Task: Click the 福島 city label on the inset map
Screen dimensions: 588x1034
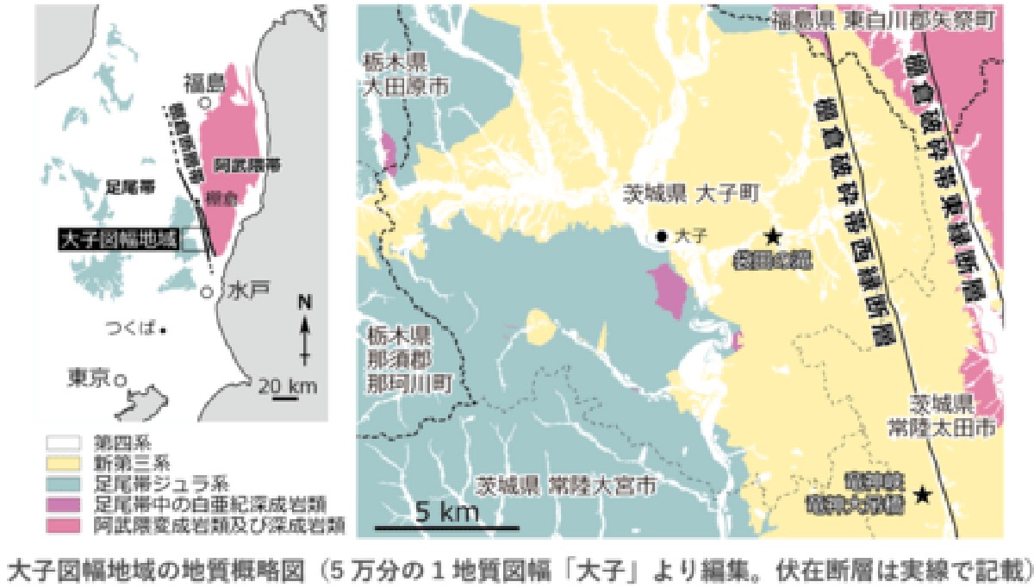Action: point(202,84)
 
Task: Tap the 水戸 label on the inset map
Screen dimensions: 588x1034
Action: point(245,292)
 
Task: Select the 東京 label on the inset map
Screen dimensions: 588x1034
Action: point(91,377)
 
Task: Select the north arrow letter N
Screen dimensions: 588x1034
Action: point(303,303)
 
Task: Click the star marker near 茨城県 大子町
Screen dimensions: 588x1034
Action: point(773,235)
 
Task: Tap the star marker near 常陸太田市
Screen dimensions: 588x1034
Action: point(923,494)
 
